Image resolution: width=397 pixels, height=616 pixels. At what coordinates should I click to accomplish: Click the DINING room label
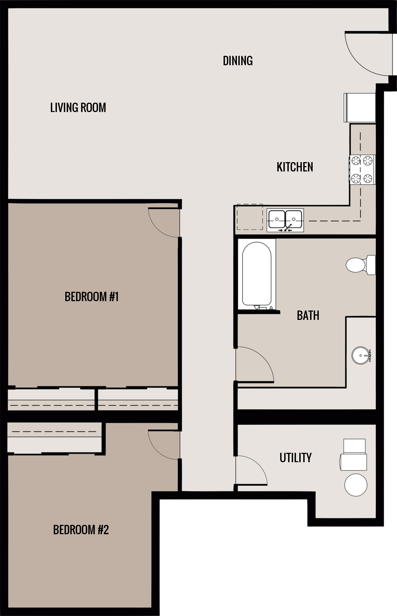click(x=238, y=61)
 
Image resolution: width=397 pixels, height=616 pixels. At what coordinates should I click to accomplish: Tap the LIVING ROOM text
click(x=78, y=107)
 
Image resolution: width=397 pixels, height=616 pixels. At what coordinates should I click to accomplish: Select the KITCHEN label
click(x=295, y=167)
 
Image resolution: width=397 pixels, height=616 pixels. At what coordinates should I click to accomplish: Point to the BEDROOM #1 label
click(x=92, y=296)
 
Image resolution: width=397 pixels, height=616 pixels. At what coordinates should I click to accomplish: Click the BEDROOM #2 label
click(x=81, y=530)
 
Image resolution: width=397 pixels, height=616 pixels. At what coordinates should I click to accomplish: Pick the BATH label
click(x=308, y=315)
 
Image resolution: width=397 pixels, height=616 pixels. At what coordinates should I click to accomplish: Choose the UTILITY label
click(x=295, y=457)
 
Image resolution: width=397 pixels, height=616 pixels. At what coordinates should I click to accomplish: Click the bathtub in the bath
click(x=256, y=274)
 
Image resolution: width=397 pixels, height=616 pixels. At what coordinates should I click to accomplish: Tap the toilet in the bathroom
click(x=359, y=265)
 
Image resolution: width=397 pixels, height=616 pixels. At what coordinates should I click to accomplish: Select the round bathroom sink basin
click(x=361, y=355)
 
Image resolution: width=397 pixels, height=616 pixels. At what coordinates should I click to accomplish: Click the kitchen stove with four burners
click(x=362, y=169)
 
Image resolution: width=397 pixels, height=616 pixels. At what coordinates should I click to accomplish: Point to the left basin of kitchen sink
click(x=277, y=219)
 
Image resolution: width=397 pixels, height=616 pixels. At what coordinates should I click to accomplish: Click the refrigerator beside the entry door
click(x=360, y=108)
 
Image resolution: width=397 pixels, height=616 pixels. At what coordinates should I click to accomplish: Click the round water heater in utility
click(x=356, y=485)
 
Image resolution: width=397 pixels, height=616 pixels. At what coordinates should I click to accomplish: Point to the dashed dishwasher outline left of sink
click(x=250, y=217)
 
